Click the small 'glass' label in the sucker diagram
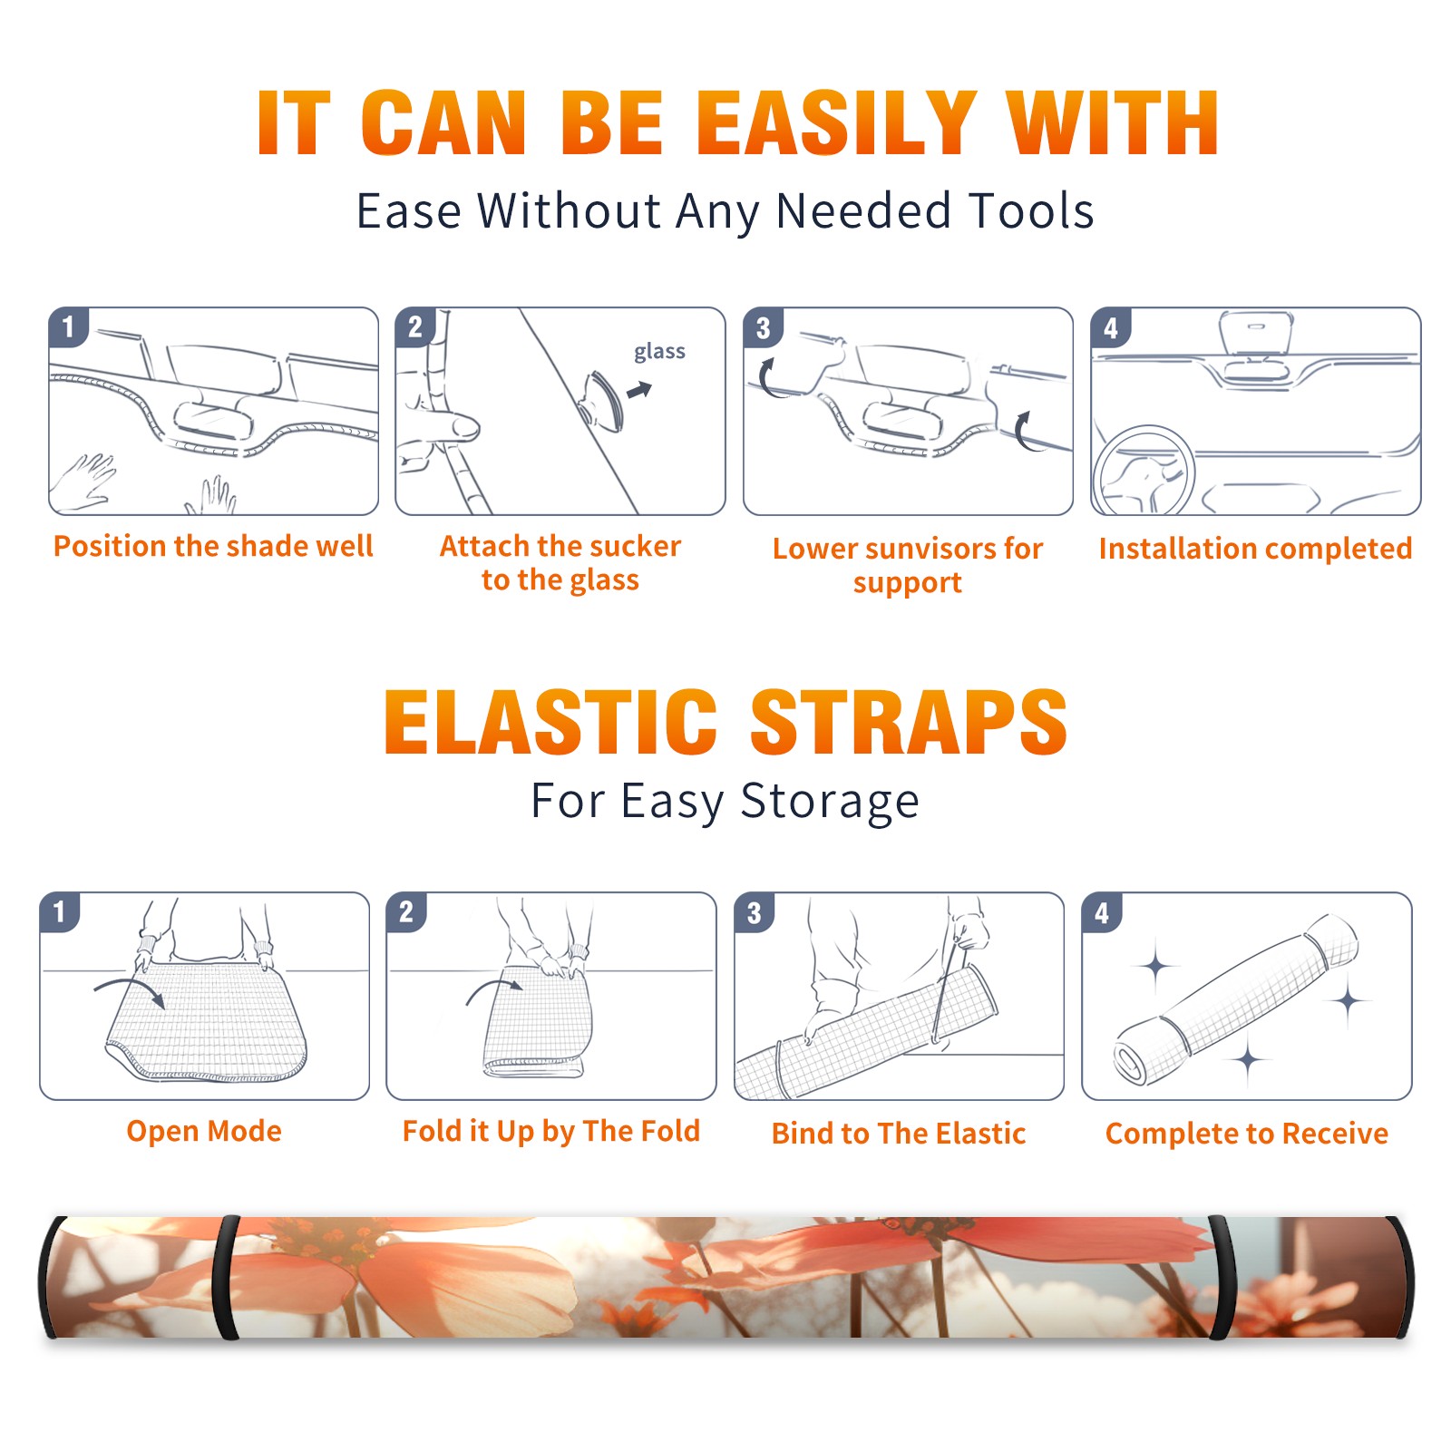(x=659, y=352)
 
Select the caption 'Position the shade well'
(x=213, y=546)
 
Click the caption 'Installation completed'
(x=1255, y=548)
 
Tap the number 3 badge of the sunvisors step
(x=763, y=327)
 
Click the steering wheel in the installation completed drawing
(x=1143, y=471)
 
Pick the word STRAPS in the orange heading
(x=909, y=722)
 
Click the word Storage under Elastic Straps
(x=830, y=802)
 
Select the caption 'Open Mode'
(x=204, y=1131)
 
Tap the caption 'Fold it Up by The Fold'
(x=551, y=1131)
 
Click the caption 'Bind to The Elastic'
(x=899, y=1134)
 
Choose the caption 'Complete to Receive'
(x=1247, y=1134)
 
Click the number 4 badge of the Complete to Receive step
(x=1101, y=912)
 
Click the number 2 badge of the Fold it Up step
(x=405, y=912)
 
